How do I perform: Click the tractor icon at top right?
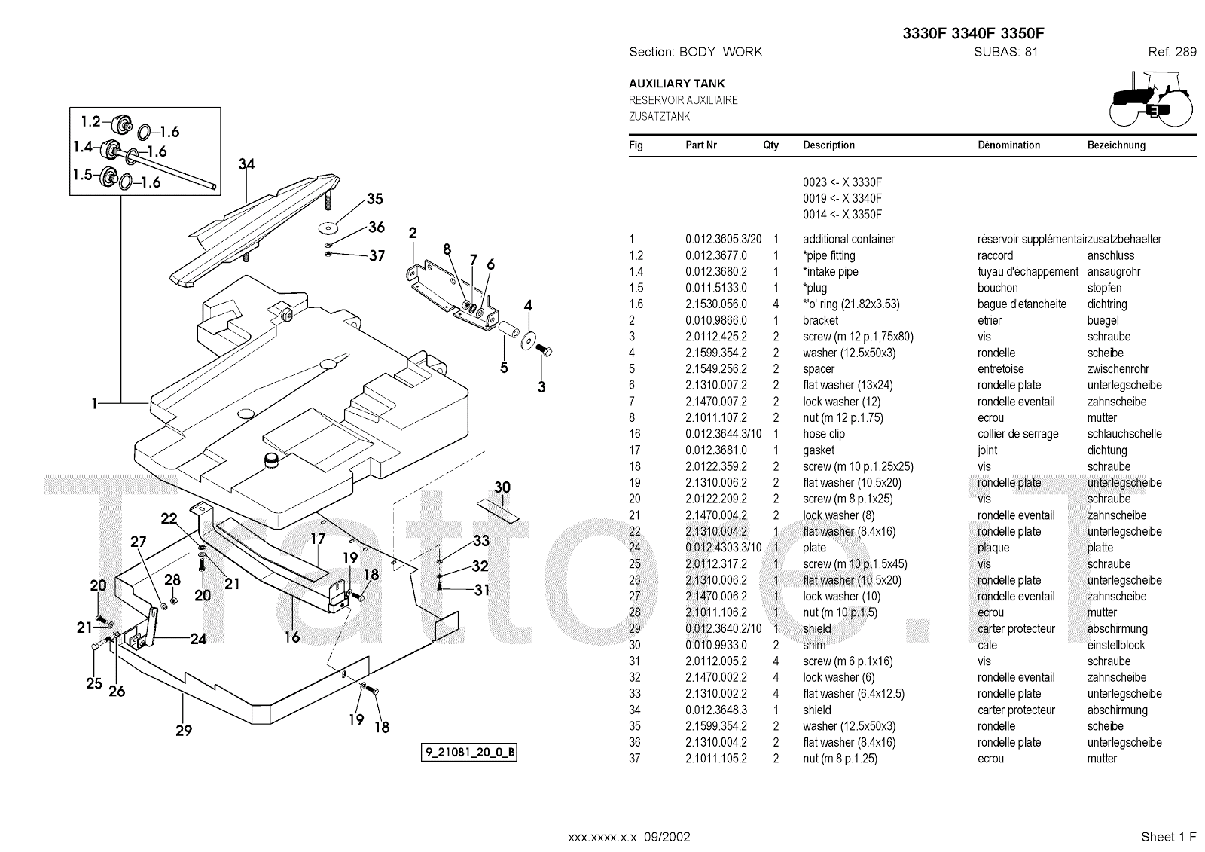click(1152, 99)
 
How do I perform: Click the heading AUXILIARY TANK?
click(676, 84)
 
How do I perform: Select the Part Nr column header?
click(700, 145)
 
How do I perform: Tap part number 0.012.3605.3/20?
click(723, 240)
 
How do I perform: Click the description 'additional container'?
click(848, 240)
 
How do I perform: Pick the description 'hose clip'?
click(823, 434)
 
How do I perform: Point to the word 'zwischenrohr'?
click(1118, 369)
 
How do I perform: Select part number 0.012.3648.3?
click(715, 710)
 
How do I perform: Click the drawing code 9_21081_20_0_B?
click(468, 753)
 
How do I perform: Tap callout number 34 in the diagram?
click(246, 164)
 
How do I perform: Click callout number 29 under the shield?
click(184, 730)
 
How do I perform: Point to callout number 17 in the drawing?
click(318, 539)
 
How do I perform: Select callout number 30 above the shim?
click(502, 487)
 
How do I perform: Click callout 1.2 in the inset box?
click(90, 121)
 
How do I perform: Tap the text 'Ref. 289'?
click(1172, 52)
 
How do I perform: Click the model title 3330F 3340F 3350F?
click(973, 34)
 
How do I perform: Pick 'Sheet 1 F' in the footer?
click(1168, 837)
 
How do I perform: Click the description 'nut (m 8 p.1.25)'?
click(840, 759)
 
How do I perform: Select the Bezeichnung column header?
click(1116, 145)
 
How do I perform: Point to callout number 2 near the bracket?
click(413, 233)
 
